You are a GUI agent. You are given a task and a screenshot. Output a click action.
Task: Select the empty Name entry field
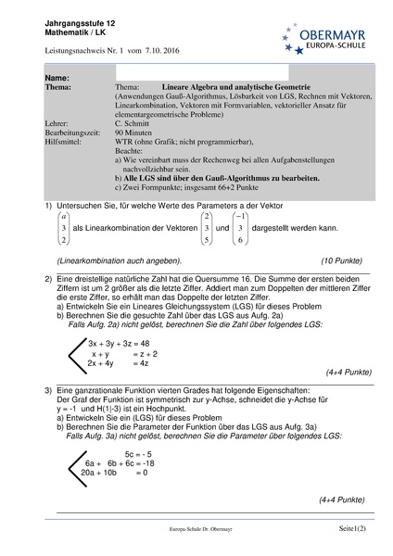202,72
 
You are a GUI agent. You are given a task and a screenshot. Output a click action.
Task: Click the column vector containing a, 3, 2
63,226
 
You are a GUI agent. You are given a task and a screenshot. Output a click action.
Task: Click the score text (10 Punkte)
322,262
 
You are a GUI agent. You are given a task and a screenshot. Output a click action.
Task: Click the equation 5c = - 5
137,452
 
